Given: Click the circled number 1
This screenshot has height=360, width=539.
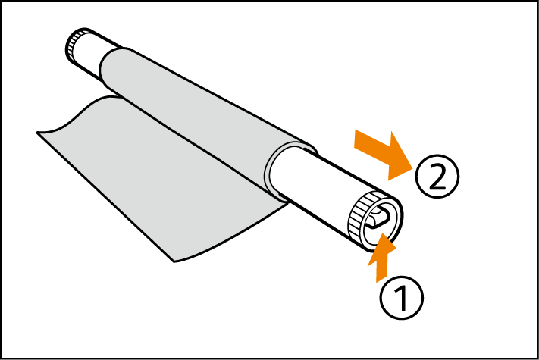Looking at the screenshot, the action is pos(402,298).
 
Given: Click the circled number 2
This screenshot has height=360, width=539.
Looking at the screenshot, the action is pos(437,177).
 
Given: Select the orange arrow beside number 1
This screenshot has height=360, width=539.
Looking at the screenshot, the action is pos(381,258).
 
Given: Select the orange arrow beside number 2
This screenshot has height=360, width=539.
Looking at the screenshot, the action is pos(384,155).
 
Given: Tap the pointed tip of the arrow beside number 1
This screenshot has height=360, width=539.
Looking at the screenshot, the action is pos(383,233).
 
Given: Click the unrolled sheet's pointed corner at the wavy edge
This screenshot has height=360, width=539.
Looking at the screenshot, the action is pos(37,133).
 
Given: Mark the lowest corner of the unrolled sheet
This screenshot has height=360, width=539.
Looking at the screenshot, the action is pos(174,262).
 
